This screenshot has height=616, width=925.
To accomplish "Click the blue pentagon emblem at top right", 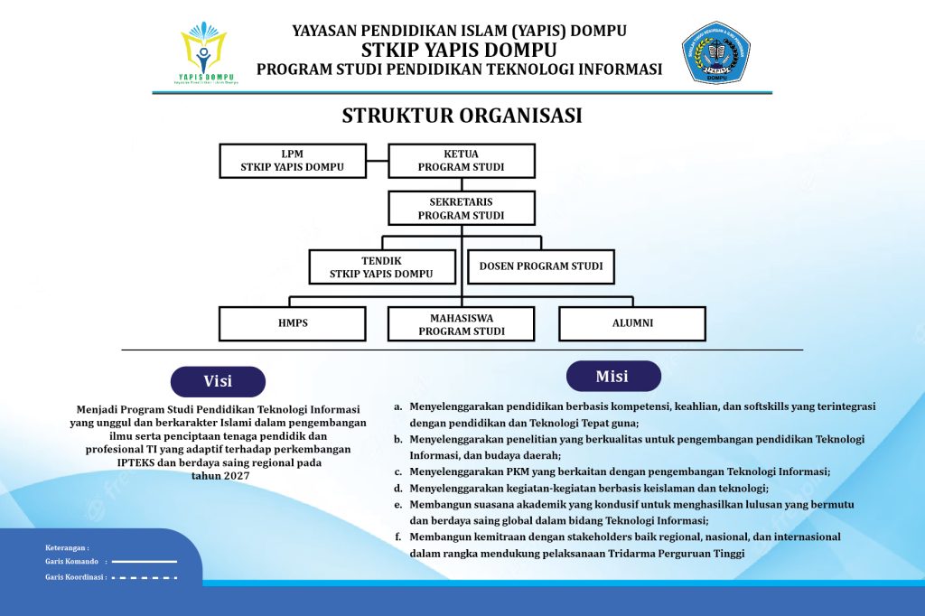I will pos(715,52).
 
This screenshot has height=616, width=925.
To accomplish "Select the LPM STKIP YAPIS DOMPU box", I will pos(293,160).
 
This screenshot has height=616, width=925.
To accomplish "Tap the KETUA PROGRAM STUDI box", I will pos(461,160).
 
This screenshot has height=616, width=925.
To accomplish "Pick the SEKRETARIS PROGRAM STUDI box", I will pos(461,208).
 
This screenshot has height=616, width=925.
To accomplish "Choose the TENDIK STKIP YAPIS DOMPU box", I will pos(381,266).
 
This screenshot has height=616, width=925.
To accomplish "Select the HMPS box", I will pos(293,323).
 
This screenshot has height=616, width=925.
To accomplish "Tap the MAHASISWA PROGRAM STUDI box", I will pos(461,323).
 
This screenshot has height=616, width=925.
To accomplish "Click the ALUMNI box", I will pos(631,323).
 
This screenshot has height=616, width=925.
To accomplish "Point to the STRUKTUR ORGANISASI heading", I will pos(462,116).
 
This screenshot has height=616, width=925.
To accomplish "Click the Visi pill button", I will pos(218,381).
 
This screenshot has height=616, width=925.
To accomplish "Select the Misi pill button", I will pos(612,376).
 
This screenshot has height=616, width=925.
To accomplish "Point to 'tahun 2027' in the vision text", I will pos(218,475).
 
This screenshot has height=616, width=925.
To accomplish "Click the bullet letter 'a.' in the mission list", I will pos(398,406).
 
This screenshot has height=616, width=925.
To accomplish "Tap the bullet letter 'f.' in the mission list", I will pos(398,537).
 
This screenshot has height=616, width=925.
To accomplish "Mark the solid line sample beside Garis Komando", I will pos(144,561).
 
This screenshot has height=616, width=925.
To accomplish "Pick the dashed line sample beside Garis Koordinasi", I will pos(144,576).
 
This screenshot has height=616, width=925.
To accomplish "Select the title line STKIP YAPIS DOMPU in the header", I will pos(459,50).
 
